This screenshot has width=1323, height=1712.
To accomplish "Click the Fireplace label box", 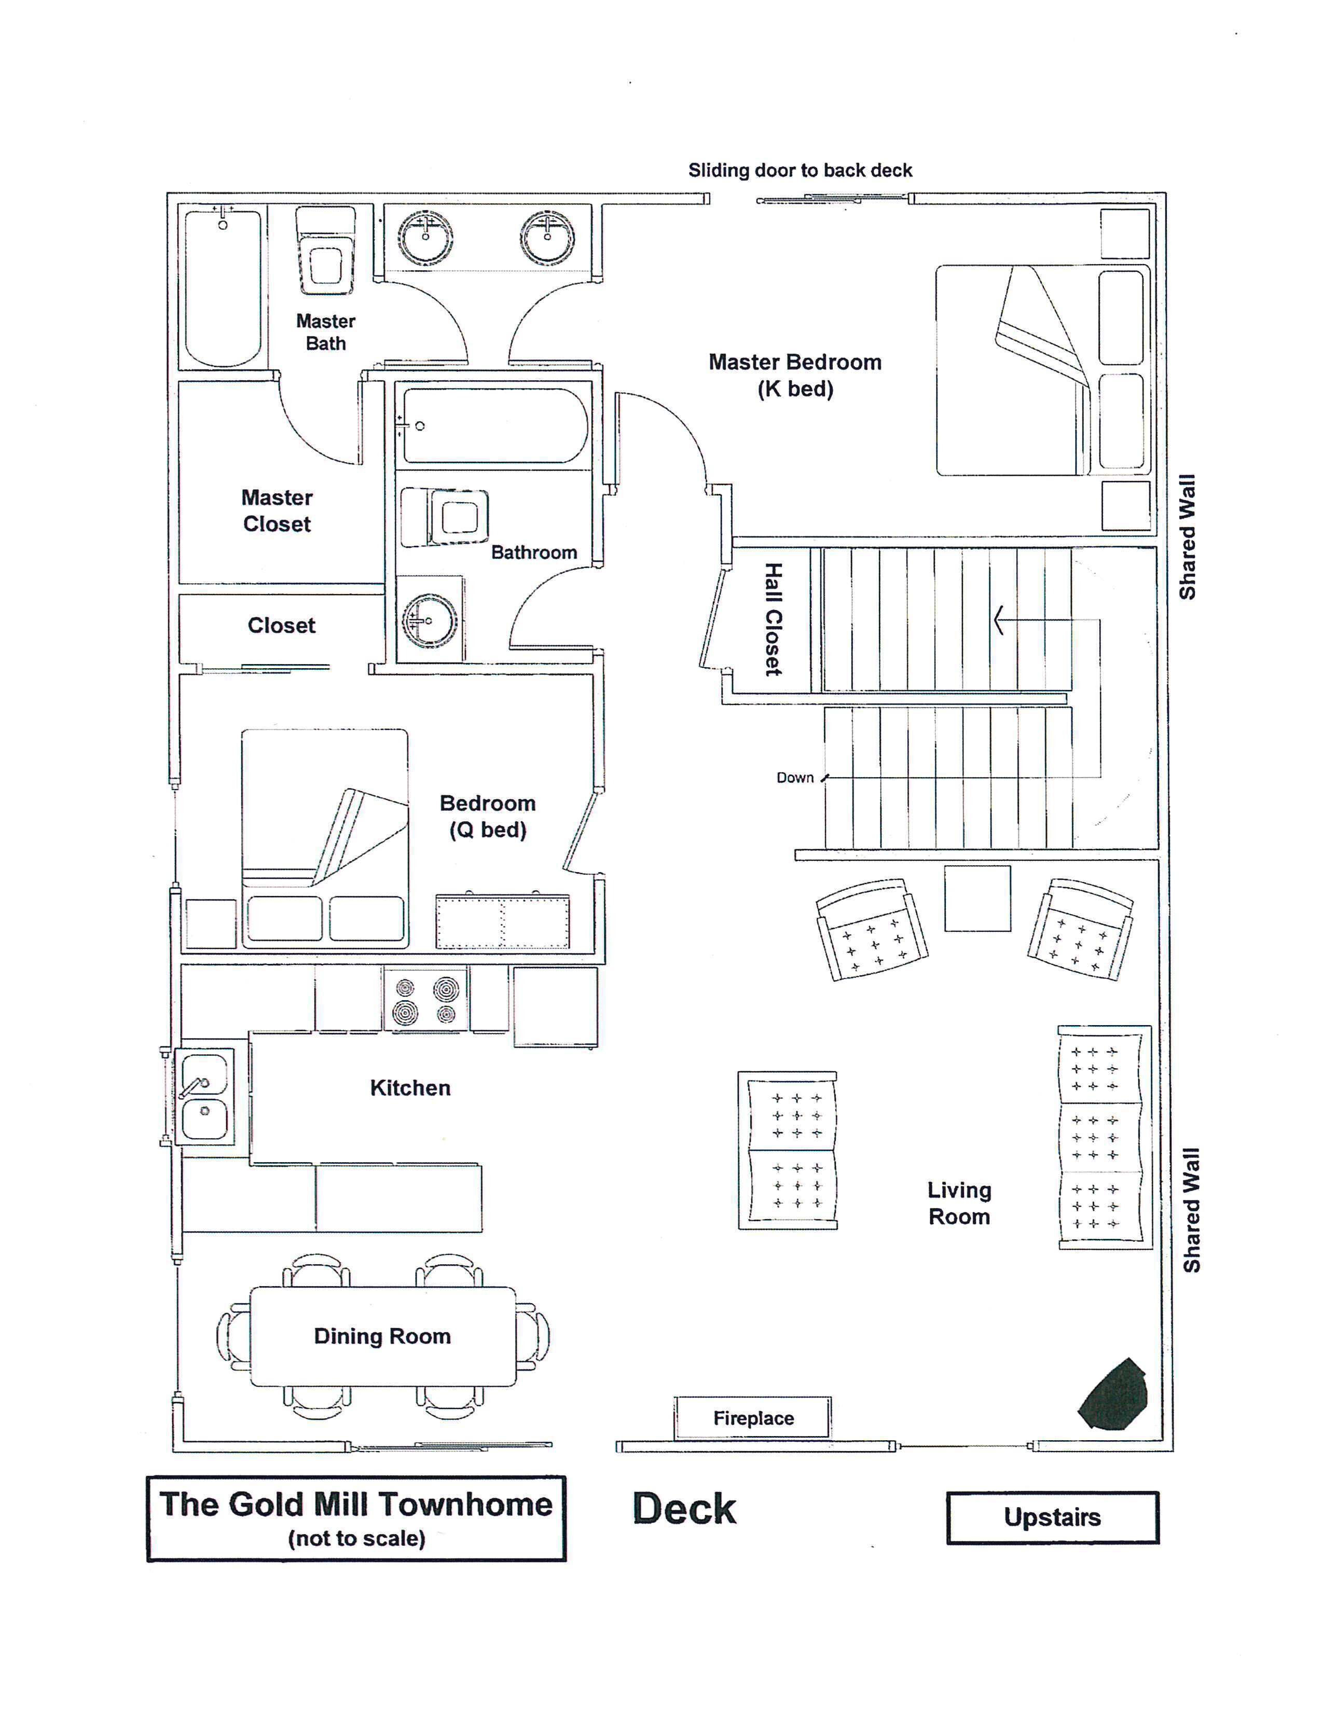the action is coord(752,1417).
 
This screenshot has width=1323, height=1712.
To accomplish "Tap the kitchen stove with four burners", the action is coord(425,999).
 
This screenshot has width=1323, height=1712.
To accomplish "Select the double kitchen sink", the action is coord(204,1096).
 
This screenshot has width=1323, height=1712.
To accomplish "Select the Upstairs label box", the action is coord(1052,1517).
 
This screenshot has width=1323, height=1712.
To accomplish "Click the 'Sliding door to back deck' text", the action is coord(800,170).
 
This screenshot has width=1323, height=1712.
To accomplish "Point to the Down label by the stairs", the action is coord(795,778).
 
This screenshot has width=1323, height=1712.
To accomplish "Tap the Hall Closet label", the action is coord(773,619).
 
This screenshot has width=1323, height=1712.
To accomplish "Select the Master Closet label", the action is coord(277,510).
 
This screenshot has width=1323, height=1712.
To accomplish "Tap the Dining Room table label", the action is coord(382,1336).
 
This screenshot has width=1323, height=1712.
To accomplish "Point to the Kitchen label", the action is coord(410,1087).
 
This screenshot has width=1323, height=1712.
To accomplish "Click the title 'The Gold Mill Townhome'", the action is coord(356,1503).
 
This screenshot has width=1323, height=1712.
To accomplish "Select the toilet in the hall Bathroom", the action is coord(445,517).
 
